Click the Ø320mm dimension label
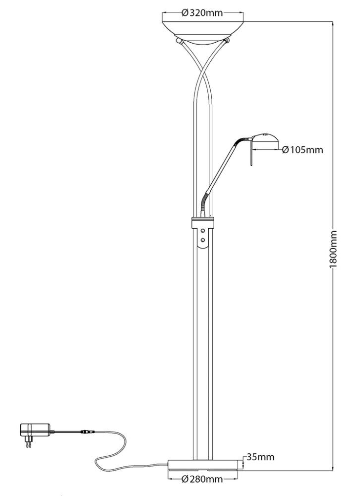click(203, 13)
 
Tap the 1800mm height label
click(333, 249)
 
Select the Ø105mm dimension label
click(303, 150)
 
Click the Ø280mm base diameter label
click(202, 480)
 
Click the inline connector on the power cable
click(87, 431)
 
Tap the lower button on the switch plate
click(202, 240)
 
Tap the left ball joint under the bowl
click(179, 42)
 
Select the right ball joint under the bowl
click(227, 41)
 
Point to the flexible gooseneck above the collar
click(204, 204)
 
